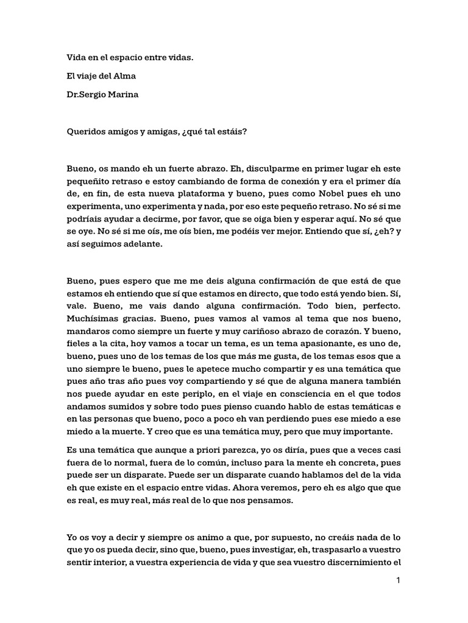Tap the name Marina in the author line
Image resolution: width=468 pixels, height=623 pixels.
(122, 96)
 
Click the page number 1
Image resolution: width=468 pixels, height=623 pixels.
(398, 580)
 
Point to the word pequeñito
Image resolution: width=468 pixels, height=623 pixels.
(91, 181)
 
